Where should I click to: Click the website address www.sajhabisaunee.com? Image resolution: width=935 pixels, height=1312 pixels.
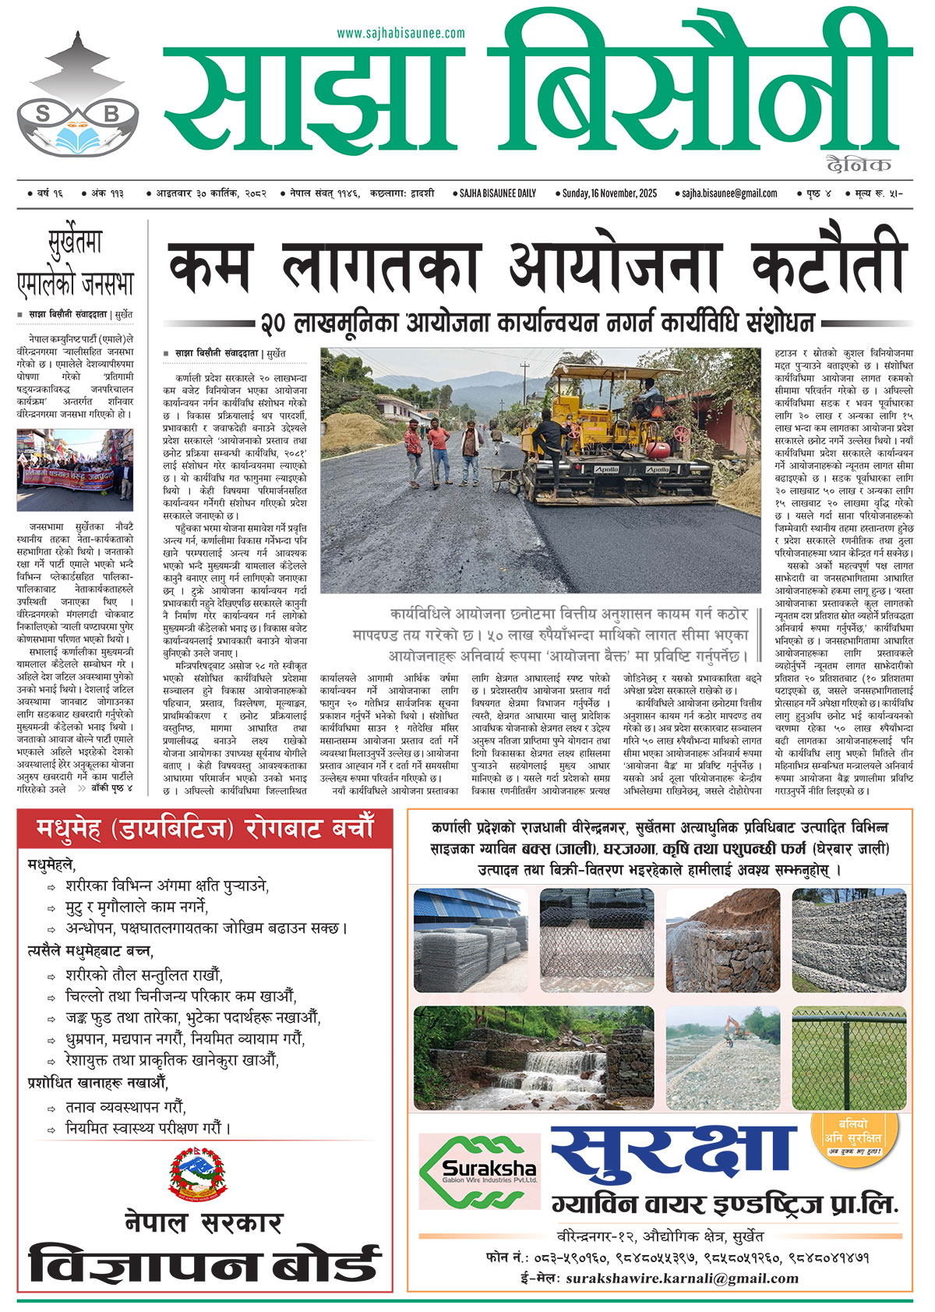[400, 34]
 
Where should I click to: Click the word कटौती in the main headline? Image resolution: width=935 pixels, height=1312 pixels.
[828, 265]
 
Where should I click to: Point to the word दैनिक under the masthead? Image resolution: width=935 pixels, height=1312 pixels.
[859, 164]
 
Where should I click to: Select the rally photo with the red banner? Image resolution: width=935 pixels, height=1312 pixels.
[75, 469]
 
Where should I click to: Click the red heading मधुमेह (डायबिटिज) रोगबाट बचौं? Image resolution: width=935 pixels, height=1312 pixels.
[205, 828]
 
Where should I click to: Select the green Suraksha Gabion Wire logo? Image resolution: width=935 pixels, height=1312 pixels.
[479, 1171]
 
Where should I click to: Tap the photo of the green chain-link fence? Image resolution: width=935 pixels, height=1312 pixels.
[849, 1058]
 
